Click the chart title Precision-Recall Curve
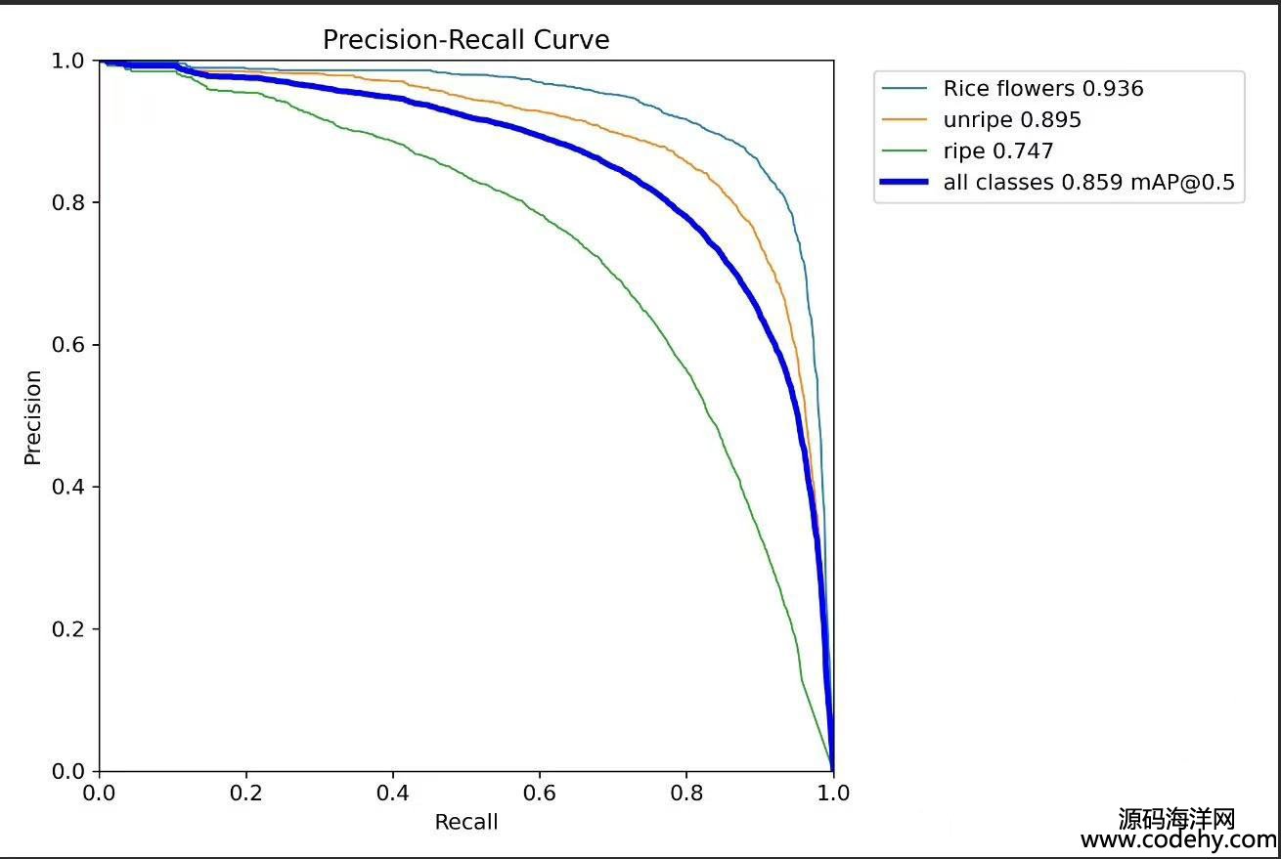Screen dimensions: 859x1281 click(x=465, y=40)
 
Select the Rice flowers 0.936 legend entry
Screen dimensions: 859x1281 click(x=1042, y=89)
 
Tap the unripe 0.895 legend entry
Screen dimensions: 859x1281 click(x=1011, y=120)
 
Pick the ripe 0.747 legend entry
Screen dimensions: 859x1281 click(x=997, y=151)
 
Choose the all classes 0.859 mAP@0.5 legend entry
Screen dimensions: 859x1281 click(x=1088, y=183)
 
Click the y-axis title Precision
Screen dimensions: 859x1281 click(x=33, y=416)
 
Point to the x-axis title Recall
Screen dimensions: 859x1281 click(x=465, y=822)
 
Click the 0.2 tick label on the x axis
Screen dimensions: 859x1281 click(x=245, y=793)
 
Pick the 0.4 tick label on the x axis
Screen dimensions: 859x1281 click(x=392, y=793)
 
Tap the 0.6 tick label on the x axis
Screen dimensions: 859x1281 click(x=539, y=793)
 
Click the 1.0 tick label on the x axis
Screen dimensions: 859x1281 click(x=832, y=793)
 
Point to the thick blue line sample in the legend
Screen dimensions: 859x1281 click(x=905, y=183)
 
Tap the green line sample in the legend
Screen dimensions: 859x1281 click(x=905, y=151)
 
